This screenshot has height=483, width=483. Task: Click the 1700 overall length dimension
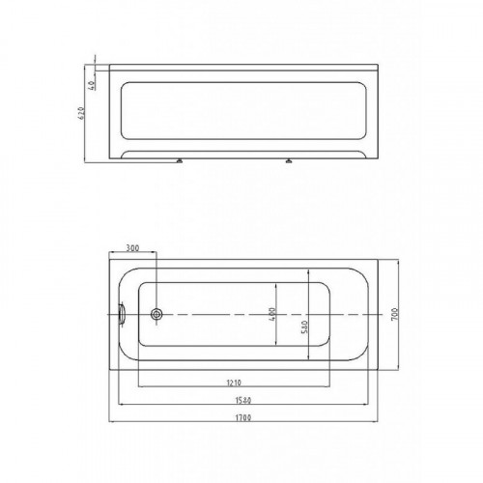coord(243,418)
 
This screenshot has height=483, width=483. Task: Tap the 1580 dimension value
coord(243,401)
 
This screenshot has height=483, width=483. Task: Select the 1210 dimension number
coord(234,383)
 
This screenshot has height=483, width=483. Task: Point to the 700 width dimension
coord(394,314)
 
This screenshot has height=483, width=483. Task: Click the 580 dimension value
coord(305,327)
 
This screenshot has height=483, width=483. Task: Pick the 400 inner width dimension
coord(272,314)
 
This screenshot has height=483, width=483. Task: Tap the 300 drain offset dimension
coord(132,248)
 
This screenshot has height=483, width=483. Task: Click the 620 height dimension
coord(81,113)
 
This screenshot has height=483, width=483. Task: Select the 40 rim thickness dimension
coord(91,85)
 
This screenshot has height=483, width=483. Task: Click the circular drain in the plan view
coord(156,313)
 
